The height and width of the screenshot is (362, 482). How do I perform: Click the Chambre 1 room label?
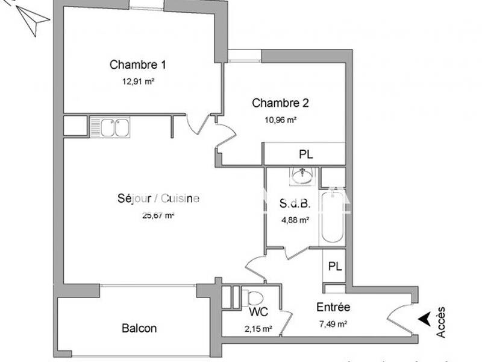tap(138, 65)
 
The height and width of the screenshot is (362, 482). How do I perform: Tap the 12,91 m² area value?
tap(138, 81)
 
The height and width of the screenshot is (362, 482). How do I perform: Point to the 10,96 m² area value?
tap(280, 119)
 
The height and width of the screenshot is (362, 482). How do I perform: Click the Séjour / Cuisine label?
tap(158, 198)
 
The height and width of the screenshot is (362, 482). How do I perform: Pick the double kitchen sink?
tap(111, 127)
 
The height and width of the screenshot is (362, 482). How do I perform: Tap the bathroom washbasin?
tap(301, 176)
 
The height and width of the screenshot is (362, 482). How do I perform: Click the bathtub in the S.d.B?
tap(332, 218)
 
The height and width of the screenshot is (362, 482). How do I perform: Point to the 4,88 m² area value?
tap(295, 220)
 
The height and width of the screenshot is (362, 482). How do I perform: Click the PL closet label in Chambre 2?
tap(306, 154)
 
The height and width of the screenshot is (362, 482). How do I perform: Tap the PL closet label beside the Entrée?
tap(334, 266)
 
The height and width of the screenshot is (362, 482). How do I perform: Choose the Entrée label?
tap(333, 307)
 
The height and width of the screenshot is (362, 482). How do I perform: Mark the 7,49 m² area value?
tap(333, 324)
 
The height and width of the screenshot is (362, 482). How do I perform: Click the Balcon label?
tap(139, 328)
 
